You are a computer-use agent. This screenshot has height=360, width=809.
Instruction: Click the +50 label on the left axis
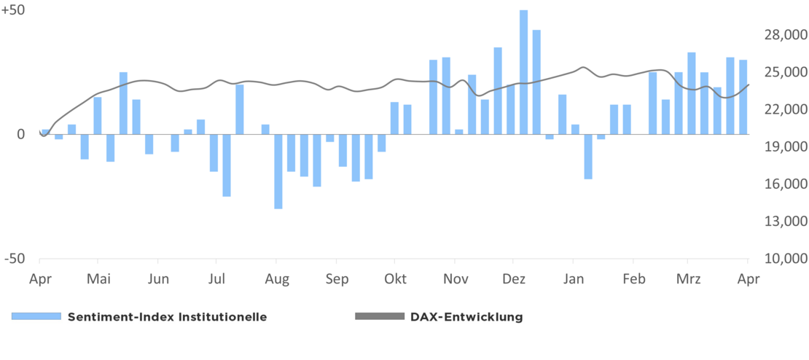pos(13,11)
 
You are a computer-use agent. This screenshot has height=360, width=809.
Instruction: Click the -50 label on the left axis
pos(12,259)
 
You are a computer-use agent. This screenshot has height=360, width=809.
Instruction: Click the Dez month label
pos(514,278)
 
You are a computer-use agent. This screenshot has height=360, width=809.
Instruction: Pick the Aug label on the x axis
pos(277,278)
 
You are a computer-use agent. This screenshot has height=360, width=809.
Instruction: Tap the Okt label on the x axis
pos(395,278)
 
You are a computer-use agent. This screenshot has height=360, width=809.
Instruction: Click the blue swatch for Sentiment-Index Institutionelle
pos(36,316)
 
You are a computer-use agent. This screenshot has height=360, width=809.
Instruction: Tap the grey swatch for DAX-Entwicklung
pos(379,316)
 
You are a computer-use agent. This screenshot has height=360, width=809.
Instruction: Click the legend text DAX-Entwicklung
pos(466,316)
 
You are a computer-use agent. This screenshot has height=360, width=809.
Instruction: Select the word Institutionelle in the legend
pos(223,316)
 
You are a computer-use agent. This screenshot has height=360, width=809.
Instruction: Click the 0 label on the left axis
pos(20,134)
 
